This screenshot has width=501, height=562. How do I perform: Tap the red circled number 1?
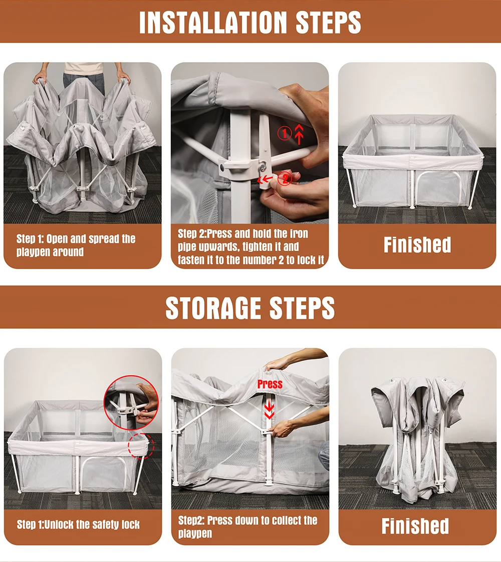click(x=284, y=134)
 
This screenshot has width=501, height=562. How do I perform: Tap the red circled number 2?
click(x=284, y=178)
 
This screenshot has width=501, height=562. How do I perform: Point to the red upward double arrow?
click(x=299, y=134)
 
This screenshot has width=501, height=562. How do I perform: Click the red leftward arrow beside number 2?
click(x=266, y=179)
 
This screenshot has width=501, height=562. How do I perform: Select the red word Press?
click(x=270, y=384)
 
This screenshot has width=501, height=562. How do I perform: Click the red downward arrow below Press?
click(x=270, y=410)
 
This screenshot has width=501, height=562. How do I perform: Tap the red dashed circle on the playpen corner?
click(x=141, y=445)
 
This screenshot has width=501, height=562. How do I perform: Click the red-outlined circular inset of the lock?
click(x=131, y=402)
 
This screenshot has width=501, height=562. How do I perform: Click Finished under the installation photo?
click(x=417, y=245)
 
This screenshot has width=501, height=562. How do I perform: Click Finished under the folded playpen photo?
click(x=415, y=526)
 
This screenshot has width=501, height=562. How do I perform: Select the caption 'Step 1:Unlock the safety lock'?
click(x=78, y=525)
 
